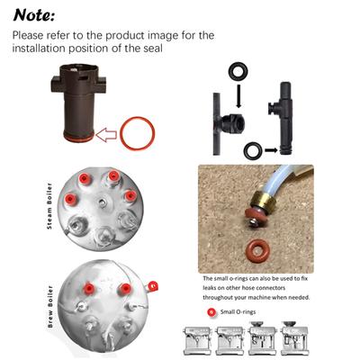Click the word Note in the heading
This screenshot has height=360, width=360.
[34, 15]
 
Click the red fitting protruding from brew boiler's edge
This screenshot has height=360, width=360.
[157, 286]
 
